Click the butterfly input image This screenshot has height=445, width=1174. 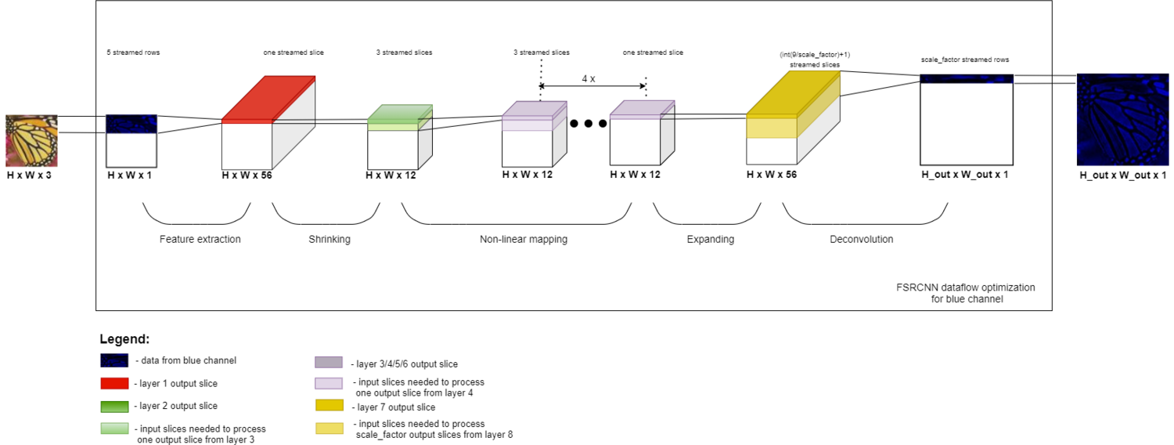coord(32,141)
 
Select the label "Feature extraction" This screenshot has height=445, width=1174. coord(200,240)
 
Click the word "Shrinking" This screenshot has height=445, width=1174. coord(330,240)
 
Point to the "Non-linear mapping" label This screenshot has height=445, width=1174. coord(523,240)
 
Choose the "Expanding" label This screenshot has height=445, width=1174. coord(710,240)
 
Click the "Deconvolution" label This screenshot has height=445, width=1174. coord(861,240)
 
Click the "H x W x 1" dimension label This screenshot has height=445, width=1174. coord(129,175)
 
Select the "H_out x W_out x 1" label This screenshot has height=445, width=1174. coord(964,175)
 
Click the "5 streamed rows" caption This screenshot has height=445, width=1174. coord(133,52)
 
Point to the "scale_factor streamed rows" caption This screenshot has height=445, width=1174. coord(965,60)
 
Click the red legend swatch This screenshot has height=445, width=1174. coord(114,384)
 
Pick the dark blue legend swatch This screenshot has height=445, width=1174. coord(114,361)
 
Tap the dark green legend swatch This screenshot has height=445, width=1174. coord(114,407)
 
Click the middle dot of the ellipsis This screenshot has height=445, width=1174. coord(589,124)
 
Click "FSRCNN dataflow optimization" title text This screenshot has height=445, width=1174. coord(965,288)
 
